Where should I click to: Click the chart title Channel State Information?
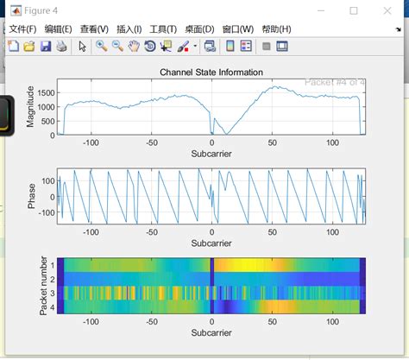coord(211,72)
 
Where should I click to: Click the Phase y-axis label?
coord(32,196)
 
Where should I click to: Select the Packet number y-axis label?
coord(43,284)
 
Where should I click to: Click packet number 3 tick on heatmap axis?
coord(52,293)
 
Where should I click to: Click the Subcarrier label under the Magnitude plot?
coord(211,154)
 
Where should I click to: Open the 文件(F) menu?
coord(23,29)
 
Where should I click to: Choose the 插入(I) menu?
coord(129,29)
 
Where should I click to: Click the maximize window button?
coord(354,11)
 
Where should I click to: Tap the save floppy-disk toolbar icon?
coord(46,46)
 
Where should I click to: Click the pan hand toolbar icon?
coord(134,46)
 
